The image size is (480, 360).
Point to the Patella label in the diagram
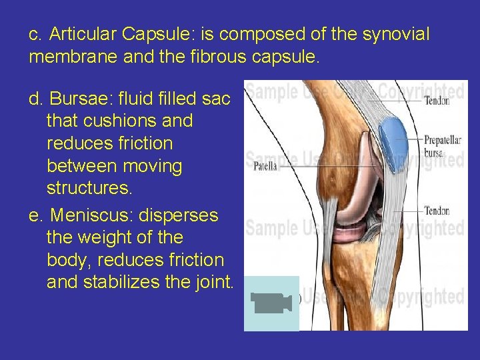pyautogui.click(x=264, y=167)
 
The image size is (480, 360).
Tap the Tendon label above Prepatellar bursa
pyautogui.click(x=437, y=101)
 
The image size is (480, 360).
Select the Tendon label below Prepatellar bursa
pyautogui.click(x=437, y=211)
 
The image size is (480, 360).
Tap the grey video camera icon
pyautogui.click(x=271, y=303)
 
